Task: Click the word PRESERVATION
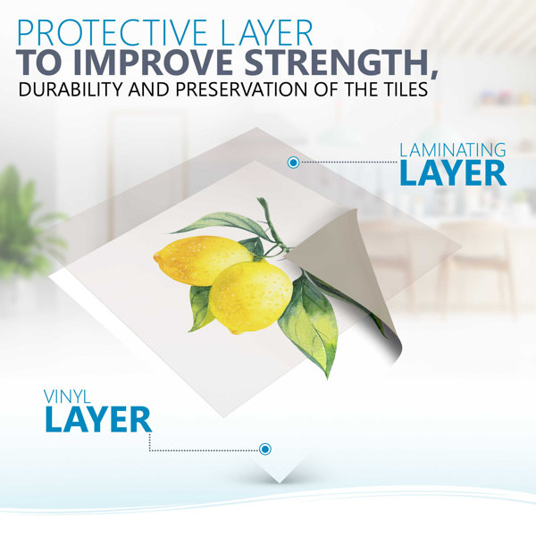241,88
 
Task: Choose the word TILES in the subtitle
405,88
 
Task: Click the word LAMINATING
453,150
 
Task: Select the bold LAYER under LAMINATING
453,172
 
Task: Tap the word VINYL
67,397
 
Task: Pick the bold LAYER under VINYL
98,419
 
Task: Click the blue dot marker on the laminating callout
293,163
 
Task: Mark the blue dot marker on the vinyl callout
265,448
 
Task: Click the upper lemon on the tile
202,260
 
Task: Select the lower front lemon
250,297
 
